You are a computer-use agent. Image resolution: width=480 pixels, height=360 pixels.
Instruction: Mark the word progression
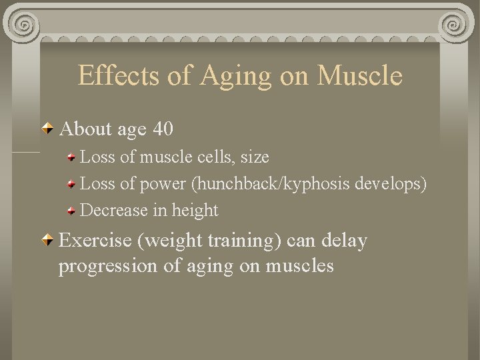tap(107, 267)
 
